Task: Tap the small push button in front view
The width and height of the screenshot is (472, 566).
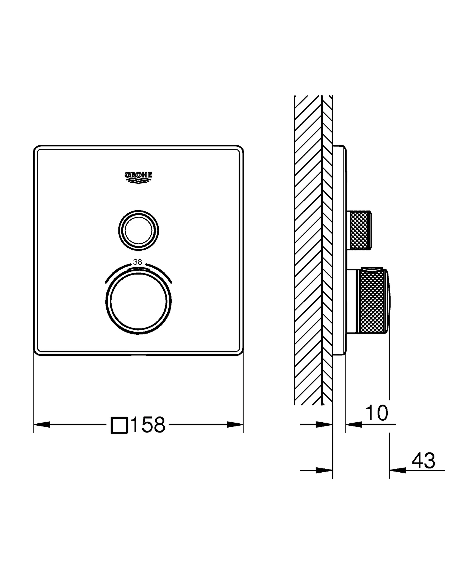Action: pyautogui.click(x=138, y=231)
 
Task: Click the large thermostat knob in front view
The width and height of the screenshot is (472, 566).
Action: pyautogui.click(x=138, y=301)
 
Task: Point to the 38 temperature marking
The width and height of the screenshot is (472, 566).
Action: pyautogui.click(x=138, y=262)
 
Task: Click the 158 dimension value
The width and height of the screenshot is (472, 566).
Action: pyautogui.click(x=148, y=425)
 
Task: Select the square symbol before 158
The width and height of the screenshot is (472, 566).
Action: pyautogui.click(x=119, y=425)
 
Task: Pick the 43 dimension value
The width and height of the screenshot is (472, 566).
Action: pyautogui.click(x=423, y=461)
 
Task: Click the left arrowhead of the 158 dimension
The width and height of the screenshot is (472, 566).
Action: pyautogui.click(x=42, y=424)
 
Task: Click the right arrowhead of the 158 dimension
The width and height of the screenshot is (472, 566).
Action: pyautogui.click(x=235, y=424)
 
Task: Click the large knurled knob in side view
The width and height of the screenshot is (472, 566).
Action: pyautogui.click(x=371, y=301)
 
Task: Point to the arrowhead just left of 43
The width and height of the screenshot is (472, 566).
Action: pyautogui.click(x=398, y=470)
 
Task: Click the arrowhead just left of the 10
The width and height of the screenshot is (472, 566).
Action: pyautogui.click(x=354, y=424)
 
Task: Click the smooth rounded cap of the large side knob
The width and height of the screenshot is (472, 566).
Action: pyautogui.click(x=388, y=301)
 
